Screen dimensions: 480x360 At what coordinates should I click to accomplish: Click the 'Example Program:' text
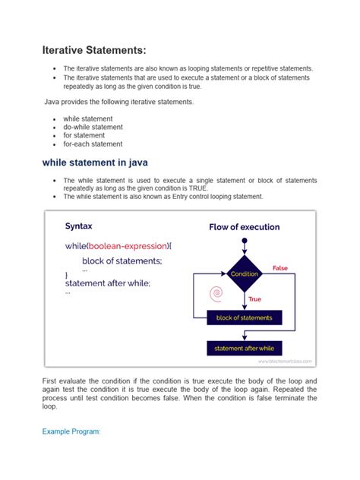tap(71, 431)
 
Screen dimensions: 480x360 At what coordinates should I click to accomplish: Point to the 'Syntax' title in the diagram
tap(79, 226)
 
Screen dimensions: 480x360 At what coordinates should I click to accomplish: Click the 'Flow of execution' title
tap(244, 227)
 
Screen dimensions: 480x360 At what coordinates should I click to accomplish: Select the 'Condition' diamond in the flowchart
tap(245, 274)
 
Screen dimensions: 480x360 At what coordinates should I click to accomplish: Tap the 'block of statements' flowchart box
tap(244, 317)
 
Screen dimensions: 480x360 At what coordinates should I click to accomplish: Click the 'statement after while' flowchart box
tap(244, 348)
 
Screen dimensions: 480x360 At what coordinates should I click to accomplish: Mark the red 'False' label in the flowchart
tap(280, 268)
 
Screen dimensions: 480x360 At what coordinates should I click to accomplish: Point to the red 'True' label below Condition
tap(255, 300)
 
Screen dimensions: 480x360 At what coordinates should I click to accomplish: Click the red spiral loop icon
tap(216, 292)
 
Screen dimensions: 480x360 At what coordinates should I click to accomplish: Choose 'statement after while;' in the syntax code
tap(108, 283)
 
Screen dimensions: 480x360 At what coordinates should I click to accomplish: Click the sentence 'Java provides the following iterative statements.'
tap(118, 101)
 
